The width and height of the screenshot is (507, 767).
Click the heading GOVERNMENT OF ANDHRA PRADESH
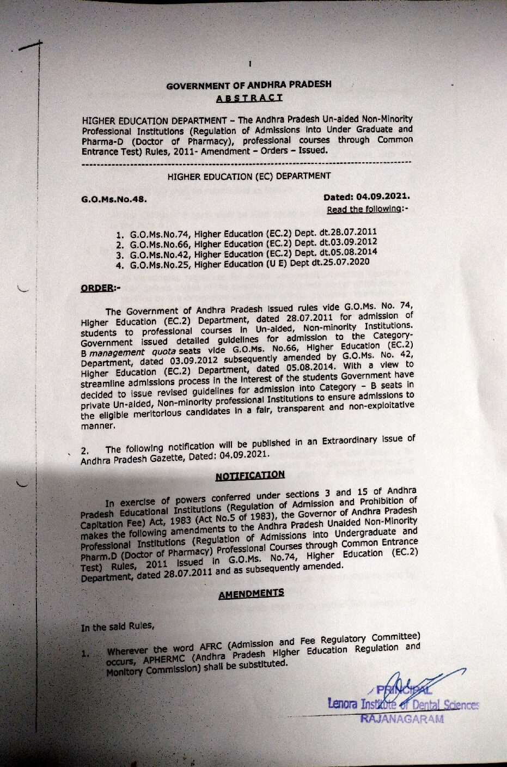coord(249,85)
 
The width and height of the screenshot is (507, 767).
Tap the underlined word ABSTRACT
coord(249,98)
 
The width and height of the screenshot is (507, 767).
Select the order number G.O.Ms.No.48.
coord(114,199)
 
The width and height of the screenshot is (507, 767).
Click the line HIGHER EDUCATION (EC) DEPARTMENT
coord(249,176)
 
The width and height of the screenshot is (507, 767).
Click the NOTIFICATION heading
coord(250,476)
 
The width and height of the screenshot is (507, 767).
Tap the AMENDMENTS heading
coord(251,593)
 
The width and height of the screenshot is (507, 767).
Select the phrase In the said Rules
coord(117,626)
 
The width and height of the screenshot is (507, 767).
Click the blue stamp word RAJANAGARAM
coord(402,719)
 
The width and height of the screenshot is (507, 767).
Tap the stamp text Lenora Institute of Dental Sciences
coord(403,705)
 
